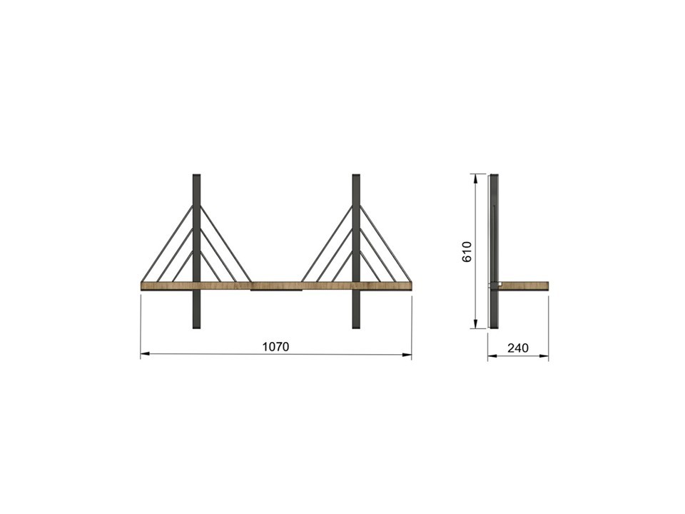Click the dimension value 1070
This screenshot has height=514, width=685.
pyautogui.click(x=275, y=347)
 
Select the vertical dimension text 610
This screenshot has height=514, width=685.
pyautogui.click(x=467, y=251)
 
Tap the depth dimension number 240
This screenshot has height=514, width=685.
pyautogui.click(x=518, y=348)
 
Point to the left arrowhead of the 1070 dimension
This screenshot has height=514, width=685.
pyautogui.click(x=145, y=354)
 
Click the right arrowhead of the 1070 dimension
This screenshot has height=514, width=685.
pyautogui.click(x=407, y=355)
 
